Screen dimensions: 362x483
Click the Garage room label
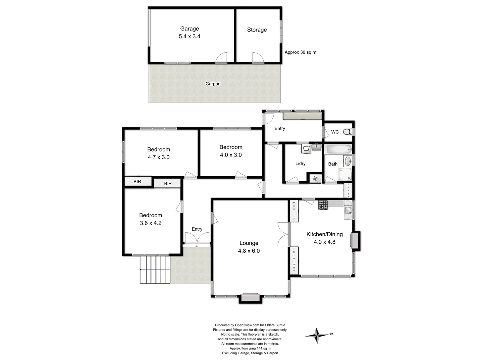pos(190,29)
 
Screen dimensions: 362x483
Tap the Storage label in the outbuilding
pos(257,30)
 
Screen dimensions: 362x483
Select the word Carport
pos(213,84)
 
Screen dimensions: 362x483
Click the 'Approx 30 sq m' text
pos(300,52)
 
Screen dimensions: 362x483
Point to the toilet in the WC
pos(350,132)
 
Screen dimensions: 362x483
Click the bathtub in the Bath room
pos(339,149)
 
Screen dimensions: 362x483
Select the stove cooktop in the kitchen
pos(323,204)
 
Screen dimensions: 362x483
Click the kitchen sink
pos(348,210)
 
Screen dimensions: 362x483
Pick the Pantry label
pos(294,210)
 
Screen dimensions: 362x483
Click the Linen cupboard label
pos(348,190)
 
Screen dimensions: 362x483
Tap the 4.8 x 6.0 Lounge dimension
pos(249,251)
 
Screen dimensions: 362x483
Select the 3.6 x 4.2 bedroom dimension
pos(151,223)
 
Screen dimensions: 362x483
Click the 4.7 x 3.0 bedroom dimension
pos(159,157)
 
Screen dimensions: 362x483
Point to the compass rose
pos(317,335)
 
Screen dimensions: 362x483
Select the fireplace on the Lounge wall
pos(250,297)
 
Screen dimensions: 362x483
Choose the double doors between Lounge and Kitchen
pos(284,234)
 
